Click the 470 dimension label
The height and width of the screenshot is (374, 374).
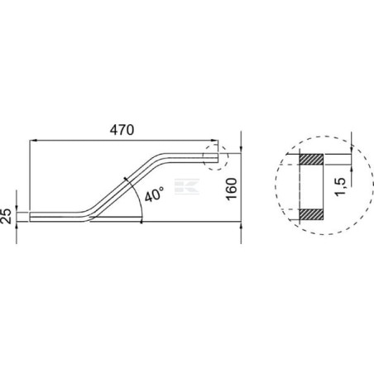pos(122,130)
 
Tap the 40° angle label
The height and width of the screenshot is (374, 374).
pos(154,194)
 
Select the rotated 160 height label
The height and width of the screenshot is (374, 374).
pos(232,189)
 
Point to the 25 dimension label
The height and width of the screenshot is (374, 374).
pos(6,216)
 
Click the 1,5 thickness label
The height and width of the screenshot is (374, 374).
pos(340,187)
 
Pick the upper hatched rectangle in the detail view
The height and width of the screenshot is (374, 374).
pos(311,160)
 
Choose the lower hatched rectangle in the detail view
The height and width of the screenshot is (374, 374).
pos(311,214)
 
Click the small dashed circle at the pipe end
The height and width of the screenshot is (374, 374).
pos(215,157)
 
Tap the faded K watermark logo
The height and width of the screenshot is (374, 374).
pos(187,186)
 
